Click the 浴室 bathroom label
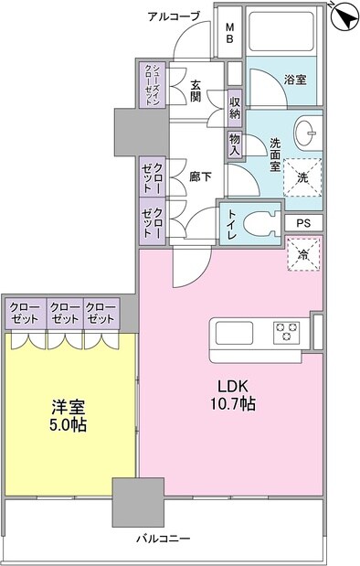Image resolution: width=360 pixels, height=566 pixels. [x=293, y=80]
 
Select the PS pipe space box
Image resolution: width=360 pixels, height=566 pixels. [x=303, y=223]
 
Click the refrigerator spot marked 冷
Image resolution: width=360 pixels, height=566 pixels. [x=303, y=254]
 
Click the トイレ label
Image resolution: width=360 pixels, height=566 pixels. [x=232, y=225]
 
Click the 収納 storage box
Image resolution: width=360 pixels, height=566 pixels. [x=235, y=107]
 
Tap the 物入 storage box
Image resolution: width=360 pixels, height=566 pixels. [x=235, y=144]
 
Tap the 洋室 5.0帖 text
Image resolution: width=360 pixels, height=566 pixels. [x=66, y=417]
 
